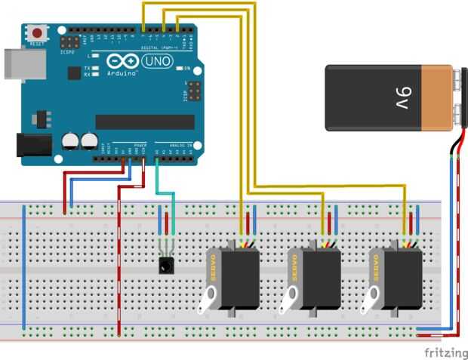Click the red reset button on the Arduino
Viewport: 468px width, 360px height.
pyautogui.click(x=35, y=32)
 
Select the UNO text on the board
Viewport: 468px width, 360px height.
pyautogui.click(x=157, y=60)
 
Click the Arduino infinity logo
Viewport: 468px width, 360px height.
pyautogui.click(x=120, y=61)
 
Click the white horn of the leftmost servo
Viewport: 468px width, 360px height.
pyautogui.click(x=209, y=301)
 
